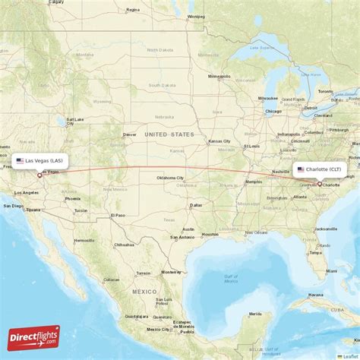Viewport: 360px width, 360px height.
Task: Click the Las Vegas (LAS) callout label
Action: tap(39, 160)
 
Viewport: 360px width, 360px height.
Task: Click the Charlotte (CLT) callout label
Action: tap(321, 169)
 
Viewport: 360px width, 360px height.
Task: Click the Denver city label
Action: tap(130, 135)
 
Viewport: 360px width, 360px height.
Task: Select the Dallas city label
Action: tap(197, 205)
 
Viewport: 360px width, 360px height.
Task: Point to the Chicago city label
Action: tap(274, 111)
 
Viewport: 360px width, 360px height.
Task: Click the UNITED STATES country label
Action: tap(170, 134)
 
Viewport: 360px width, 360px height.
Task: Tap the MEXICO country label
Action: tap(144, 292)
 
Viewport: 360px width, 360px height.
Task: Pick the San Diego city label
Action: tap(13, 205)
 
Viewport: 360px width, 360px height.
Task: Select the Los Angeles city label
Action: tap(31, 192)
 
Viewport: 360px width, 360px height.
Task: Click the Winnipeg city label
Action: tap(197, 15)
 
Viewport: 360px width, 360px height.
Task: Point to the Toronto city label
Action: tap(325, 91)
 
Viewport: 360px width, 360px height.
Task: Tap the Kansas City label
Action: tap(220, 141)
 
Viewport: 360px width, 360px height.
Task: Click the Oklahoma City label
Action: tap(171, 178)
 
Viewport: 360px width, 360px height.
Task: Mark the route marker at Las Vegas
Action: tap(39, 175)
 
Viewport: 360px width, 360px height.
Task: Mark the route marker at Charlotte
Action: tap(320, 183)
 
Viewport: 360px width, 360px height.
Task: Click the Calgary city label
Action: tap(55, 2)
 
